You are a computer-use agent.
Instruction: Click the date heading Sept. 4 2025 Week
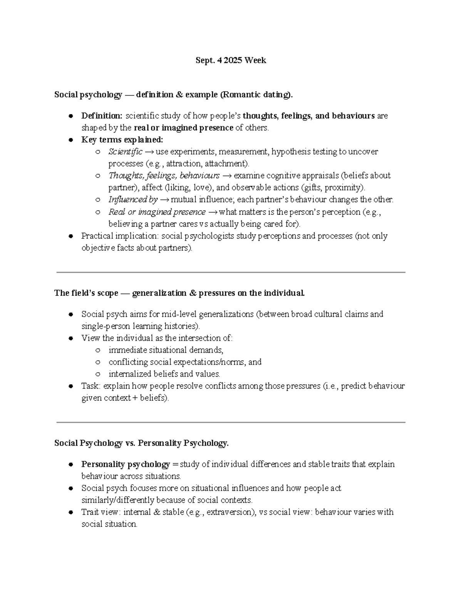pos(231,60)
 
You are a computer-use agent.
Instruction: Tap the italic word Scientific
pos(125,152)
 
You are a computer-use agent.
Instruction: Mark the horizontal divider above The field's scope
pos(231,272)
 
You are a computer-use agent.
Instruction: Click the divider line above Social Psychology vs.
pos(231,422)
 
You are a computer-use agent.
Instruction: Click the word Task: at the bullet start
pos(91,386)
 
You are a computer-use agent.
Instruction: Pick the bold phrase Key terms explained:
pos(122,140)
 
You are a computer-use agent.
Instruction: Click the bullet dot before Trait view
pos(71,513)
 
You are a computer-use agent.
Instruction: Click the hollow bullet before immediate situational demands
pos(98,350)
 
